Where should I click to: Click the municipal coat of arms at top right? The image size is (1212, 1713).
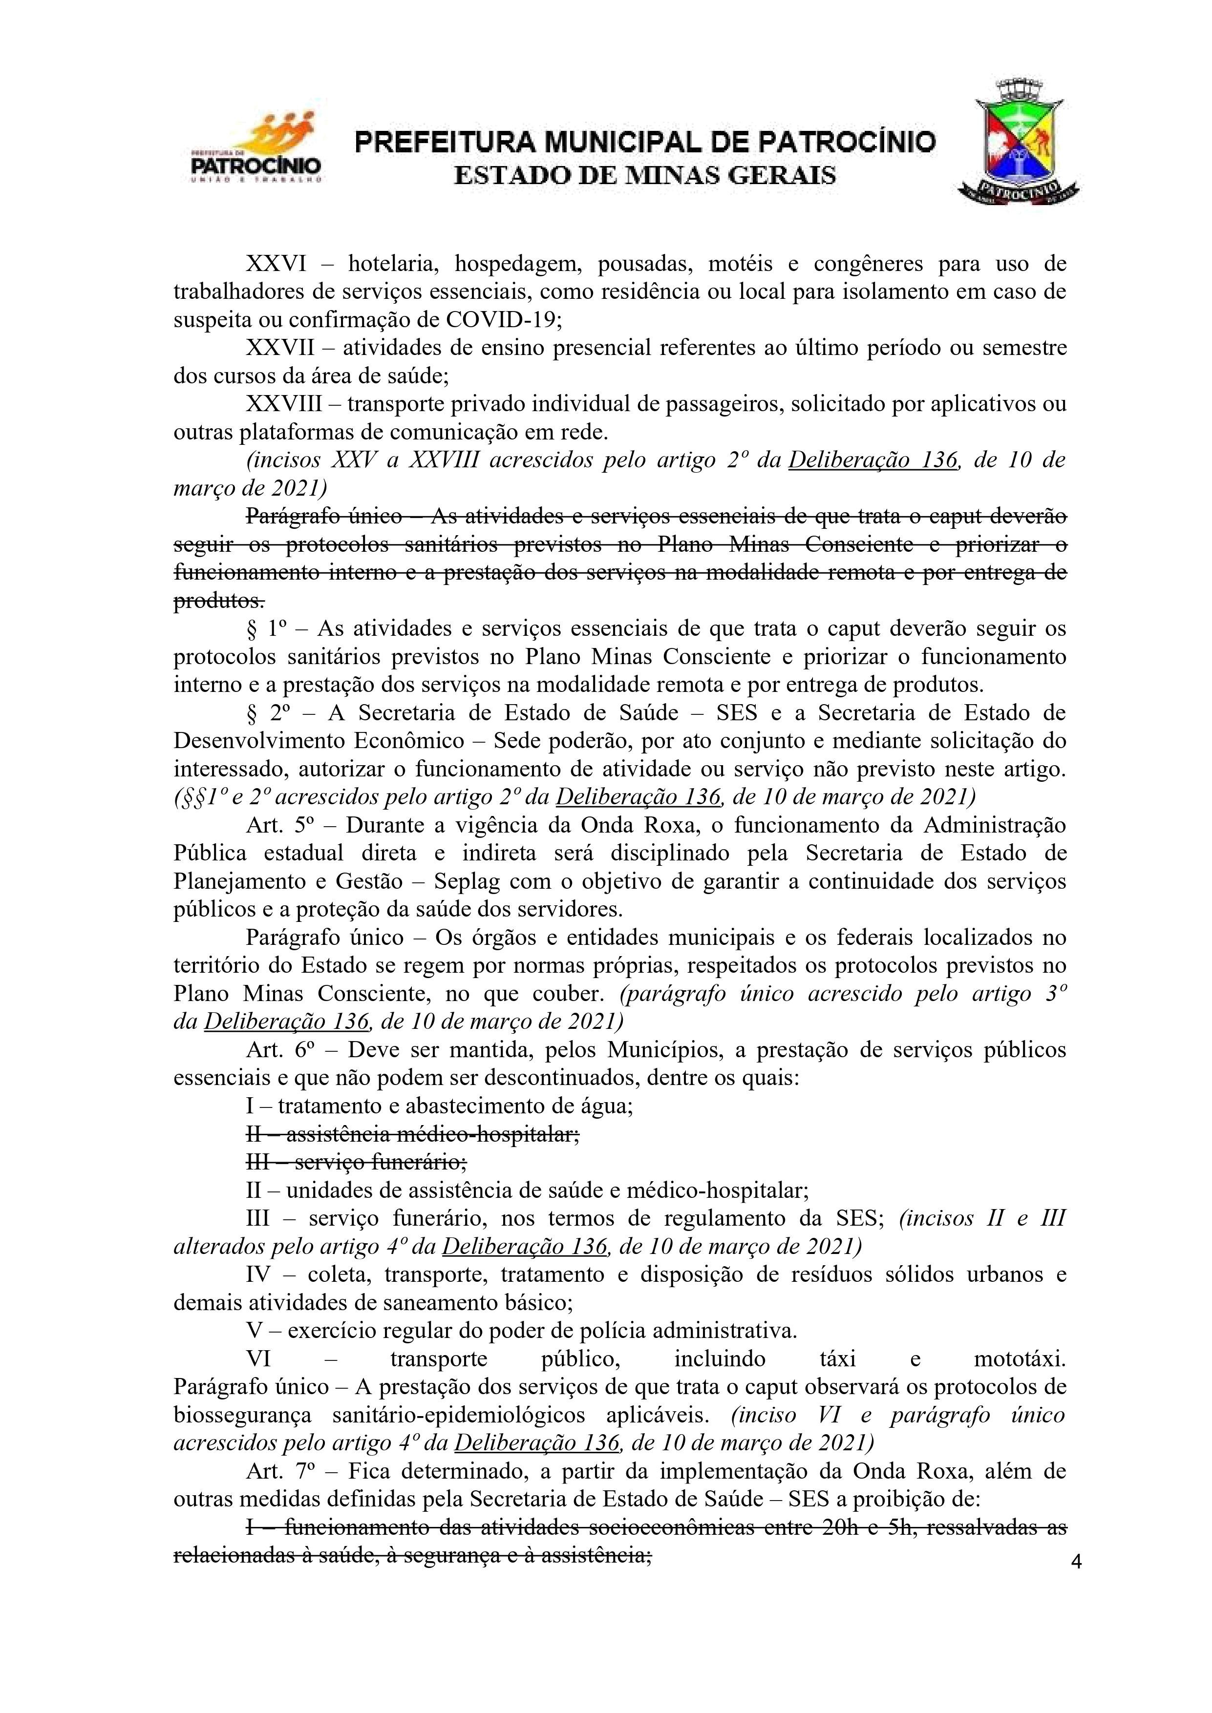[x=1019, y=142]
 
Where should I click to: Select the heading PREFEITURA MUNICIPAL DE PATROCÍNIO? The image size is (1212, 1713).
[x=645, y=142]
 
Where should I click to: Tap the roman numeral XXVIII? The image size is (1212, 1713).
[x=284, y=404]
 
